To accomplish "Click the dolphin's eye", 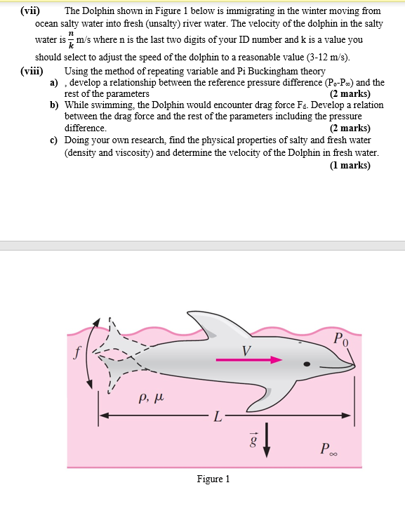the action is [307, 364].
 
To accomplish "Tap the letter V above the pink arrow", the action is [246, 349].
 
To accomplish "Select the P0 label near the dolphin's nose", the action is [340, 340].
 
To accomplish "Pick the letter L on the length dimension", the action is [218, 420].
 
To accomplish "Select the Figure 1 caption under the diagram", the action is [214, 479].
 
